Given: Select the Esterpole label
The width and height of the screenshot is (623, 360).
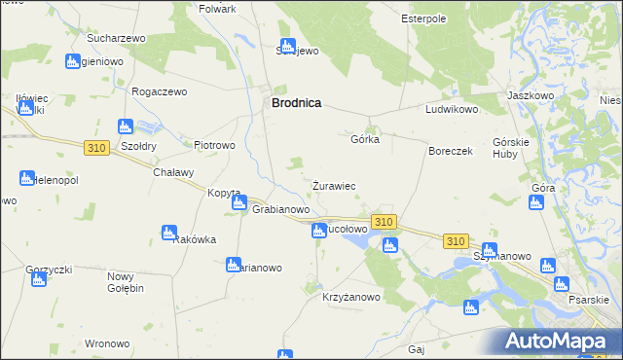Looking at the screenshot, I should (x=423, y=18).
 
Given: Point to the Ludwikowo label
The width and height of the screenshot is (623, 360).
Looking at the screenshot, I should (x=452, y=110).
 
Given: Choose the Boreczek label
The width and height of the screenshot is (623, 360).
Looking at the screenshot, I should (x=450, y=152).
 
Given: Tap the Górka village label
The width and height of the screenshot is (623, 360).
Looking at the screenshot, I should (x=364, y=139).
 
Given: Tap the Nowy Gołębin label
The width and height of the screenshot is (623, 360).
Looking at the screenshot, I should (x=126, y=282).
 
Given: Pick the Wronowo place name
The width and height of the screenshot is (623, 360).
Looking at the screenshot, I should (x=107, y=343).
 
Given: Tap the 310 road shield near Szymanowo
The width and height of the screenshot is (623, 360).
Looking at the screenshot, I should (x=455, y=240).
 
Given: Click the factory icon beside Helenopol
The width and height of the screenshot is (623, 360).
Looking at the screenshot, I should (x=26, y=178).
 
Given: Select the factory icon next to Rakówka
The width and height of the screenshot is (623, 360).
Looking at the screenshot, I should (x=168, y=233).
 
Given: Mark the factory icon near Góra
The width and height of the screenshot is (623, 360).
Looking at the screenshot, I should (x=534, y=202).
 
